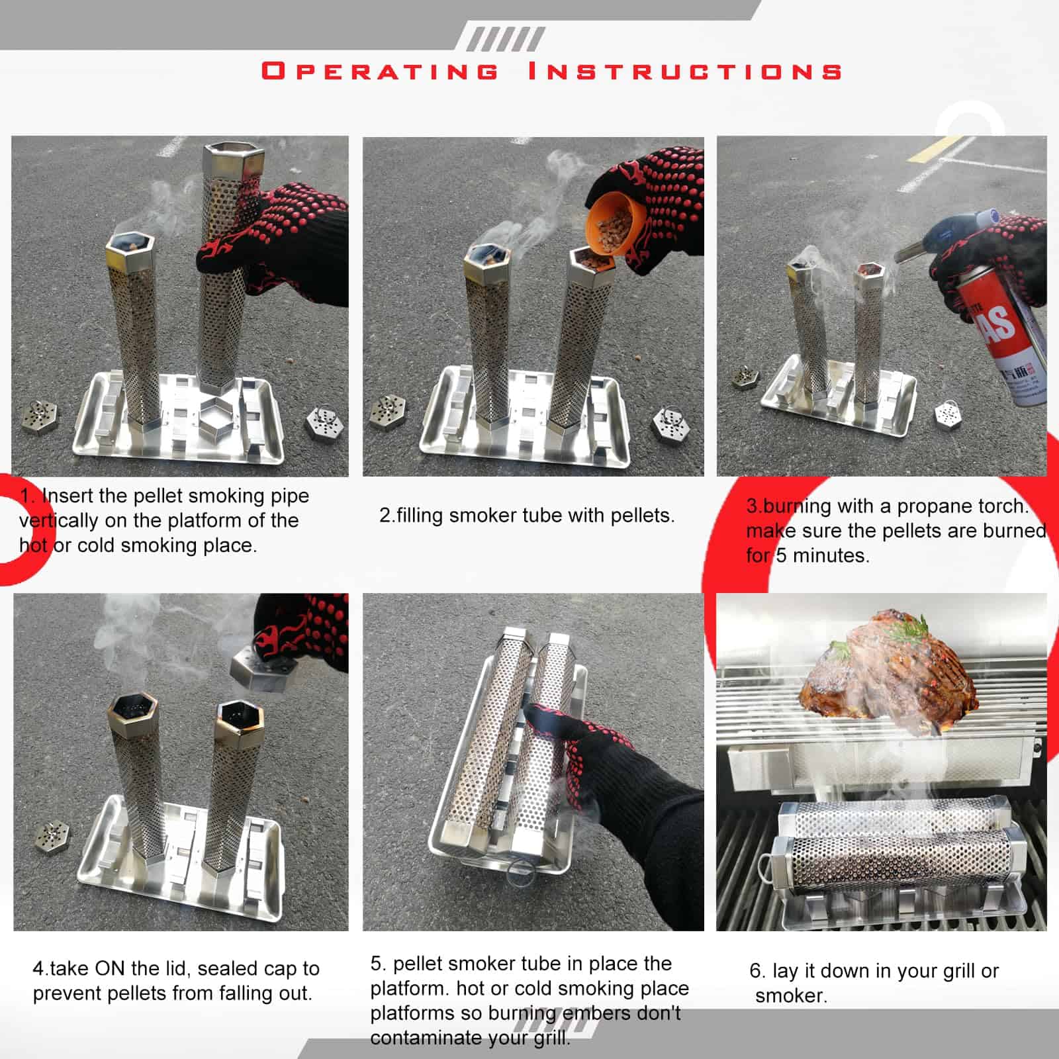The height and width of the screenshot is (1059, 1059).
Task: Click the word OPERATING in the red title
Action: click(x=380, y=71)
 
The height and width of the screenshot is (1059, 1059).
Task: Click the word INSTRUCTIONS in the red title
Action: click(x=685, y=71)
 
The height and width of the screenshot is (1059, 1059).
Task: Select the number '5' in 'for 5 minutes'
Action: click(x=781, y=555)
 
